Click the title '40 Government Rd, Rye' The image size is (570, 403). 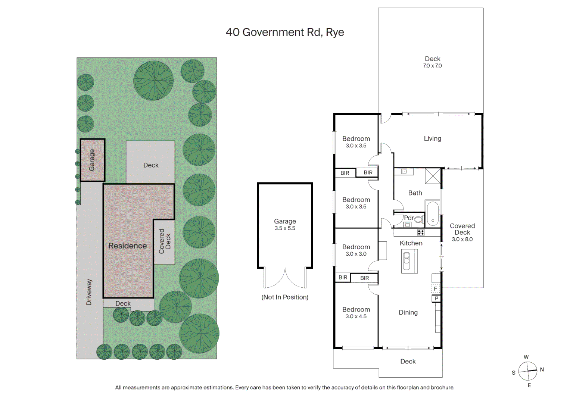pyautogui.click(x=285, y=32)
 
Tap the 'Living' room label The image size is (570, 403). pyautogui.click(x=432, y=138)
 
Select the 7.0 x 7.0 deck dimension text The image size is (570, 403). pyautogui.click(x=432, y=66)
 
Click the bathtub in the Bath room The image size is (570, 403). pyautogui.click(x=433, y=213)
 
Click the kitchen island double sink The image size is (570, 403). pyautogui.click(x=407, y=260)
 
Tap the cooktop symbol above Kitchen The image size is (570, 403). pyautogui.click(x=421, y=232)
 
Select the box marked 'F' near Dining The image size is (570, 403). pyautogui.click(x=436, y=289)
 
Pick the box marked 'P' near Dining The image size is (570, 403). pyautogui.click(x=436, y=299)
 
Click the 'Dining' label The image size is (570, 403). pyautogui.click(x=408, y=312)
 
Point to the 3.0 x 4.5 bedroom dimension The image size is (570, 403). pyautogui.click(x=356, y=316)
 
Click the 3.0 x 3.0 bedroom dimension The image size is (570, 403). pyautogui.click(x=356, y=254)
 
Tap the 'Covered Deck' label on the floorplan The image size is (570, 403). pyautogui.click(x=462, y=229)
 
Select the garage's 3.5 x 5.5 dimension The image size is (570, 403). pyautogui.click(x=285, y=228)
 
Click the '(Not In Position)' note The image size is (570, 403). pyautogui.click(x=285, y=297)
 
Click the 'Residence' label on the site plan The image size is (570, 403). pyautogui.click(x=128, y=246)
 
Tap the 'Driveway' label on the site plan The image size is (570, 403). pyautogui.click(x=89, y=292)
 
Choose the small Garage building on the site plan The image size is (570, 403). pyautogui.click(x=92, y=160)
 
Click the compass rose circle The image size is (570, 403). pyautogui.click(x=527, y=371)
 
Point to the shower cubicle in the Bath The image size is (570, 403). pyautogui.click(x=433, y=176)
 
